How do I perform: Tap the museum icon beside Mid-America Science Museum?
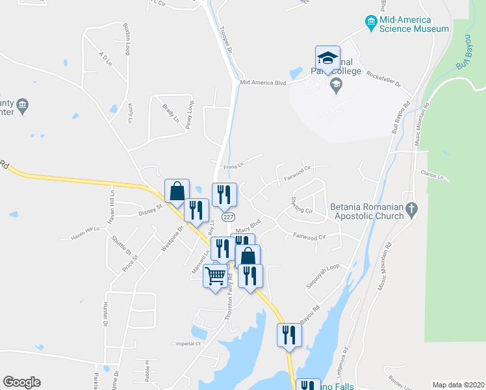371,23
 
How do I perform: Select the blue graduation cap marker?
327,57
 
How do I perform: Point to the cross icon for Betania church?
411,209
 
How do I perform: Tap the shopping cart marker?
215,276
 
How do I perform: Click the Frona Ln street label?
233,166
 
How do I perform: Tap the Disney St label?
149,211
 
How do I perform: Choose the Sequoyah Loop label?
323,276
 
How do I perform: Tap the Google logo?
21,382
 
